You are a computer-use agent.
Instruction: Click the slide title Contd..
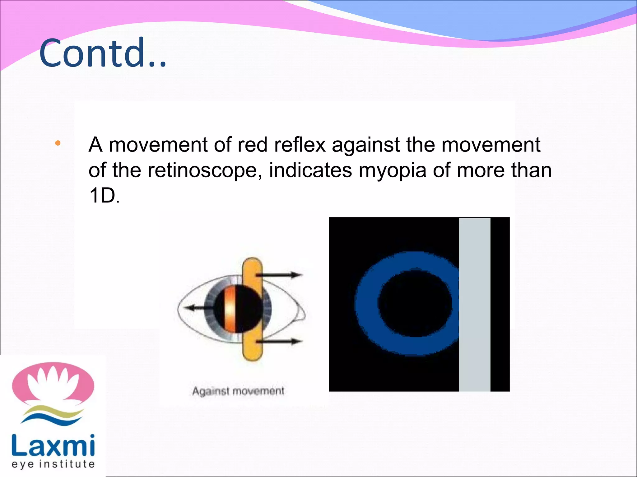point(103,53)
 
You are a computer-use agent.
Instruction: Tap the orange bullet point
point(58,143)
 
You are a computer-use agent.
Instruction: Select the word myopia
point(392,171)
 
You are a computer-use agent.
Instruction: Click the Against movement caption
point(238,391)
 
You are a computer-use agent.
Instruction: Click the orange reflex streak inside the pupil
point(230,309)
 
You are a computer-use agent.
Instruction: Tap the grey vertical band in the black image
point(475,304)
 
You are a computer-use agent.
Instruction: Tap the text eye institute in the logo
point(53,464)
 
